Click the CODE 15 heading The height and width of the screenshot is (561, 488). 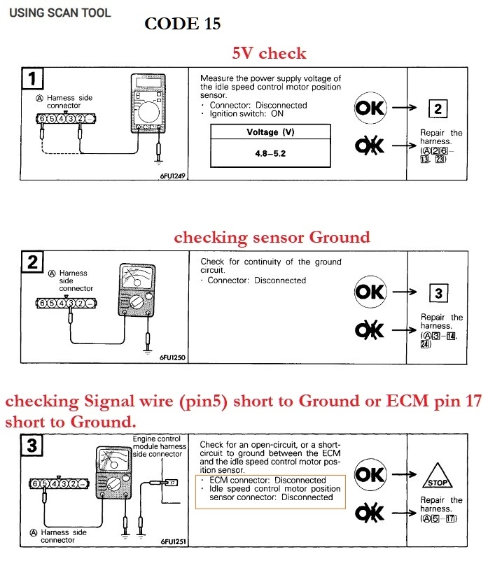pos(183,24)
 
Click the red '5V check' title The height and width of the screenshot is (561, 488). pos(270,53)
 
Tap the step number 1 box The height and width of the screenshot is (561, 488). pos(34,78)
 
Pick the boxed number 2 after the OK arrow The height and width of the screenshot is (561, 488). pos(438,108)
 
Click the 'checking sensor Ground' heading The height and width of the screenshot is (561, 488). pos(272,238)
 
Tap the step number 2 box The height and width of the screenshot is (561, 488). pos(34,263)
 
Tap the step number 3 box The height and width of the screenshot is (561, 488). pos(34,445)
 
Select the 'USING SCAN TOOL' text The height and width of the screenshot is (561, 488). pos(60,13)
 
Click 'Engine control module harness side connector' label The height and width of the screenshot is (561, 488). pos(160,446)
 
